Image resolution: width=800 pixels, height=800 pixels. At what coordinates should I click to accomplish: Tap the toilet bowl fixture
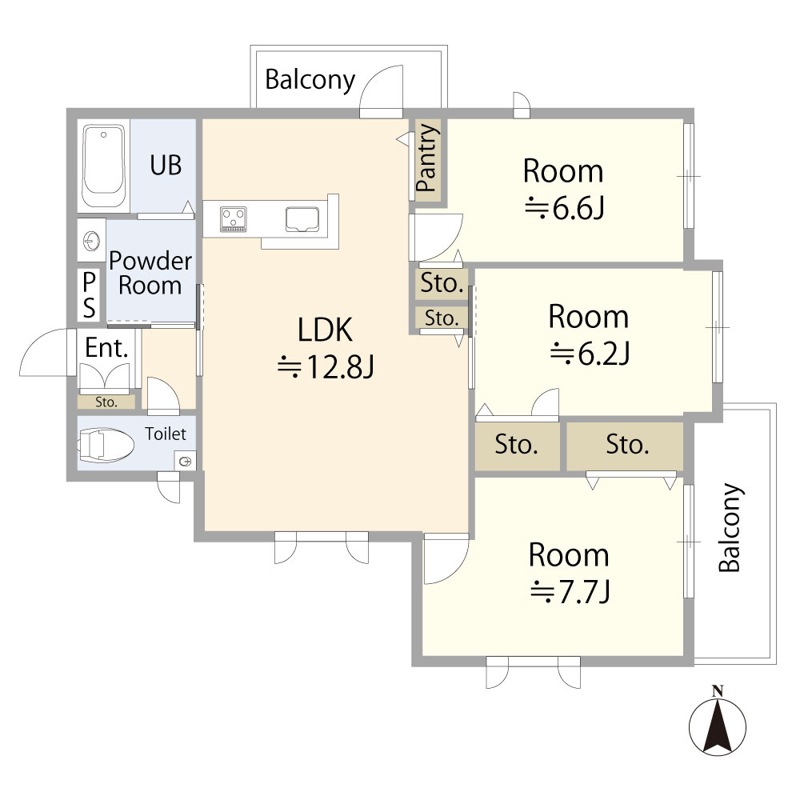pos(106,445)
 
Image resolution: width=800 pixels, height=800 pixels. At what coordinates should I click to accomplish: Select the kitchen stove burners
pos(234,219)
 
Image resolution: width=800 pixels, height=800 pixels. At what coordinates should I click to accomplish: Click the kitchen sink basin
pos(302,219)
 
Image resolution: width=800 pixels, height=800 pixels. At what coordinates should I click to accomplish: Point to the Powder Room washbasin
pos(91,240)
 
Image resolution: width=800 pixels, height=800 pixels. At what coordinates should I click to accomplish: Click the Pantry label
pos(427,158)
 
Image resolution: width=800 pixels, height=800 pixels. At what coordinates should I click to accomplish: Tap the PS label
pos(90,295)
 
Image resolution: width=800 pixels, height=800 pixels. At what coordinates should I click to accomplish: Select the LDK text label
pos(325,330)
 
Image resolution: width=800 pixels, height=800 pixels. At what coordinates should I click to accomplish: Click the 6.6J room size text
pos(564,208)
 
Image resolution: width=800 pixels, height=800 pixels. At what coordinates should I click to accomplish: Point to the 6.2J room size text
pos(590,353)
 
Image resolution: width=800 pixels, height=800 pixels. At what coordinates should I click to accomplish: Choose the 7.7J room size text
pos(570,592)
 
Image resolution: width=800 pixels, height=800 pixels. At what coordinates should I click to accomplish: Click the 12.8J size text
pos(326,367)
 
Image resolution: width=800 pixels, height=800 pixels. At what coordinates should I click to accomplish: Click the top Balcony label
pos(310,79)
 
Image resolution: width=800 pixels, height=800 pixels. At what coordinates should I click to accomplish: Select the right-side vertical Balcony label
pos(730,527)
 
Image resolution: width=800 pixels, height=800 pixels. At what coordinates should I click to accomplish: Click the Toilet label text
pos(166,434)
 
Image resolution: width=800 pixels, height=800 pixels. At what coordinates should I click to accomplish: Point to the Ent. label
pos(106,348)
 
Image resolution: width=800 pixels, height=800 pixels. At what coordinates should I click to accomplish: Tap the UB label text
pos(166,166)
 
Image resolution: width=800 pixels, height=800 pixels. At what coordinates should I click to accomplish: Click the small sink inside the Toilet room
pos(185,462)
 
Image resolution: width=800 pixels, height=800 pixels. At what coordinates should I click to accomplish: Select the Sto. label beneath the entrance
pos(106,402)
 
